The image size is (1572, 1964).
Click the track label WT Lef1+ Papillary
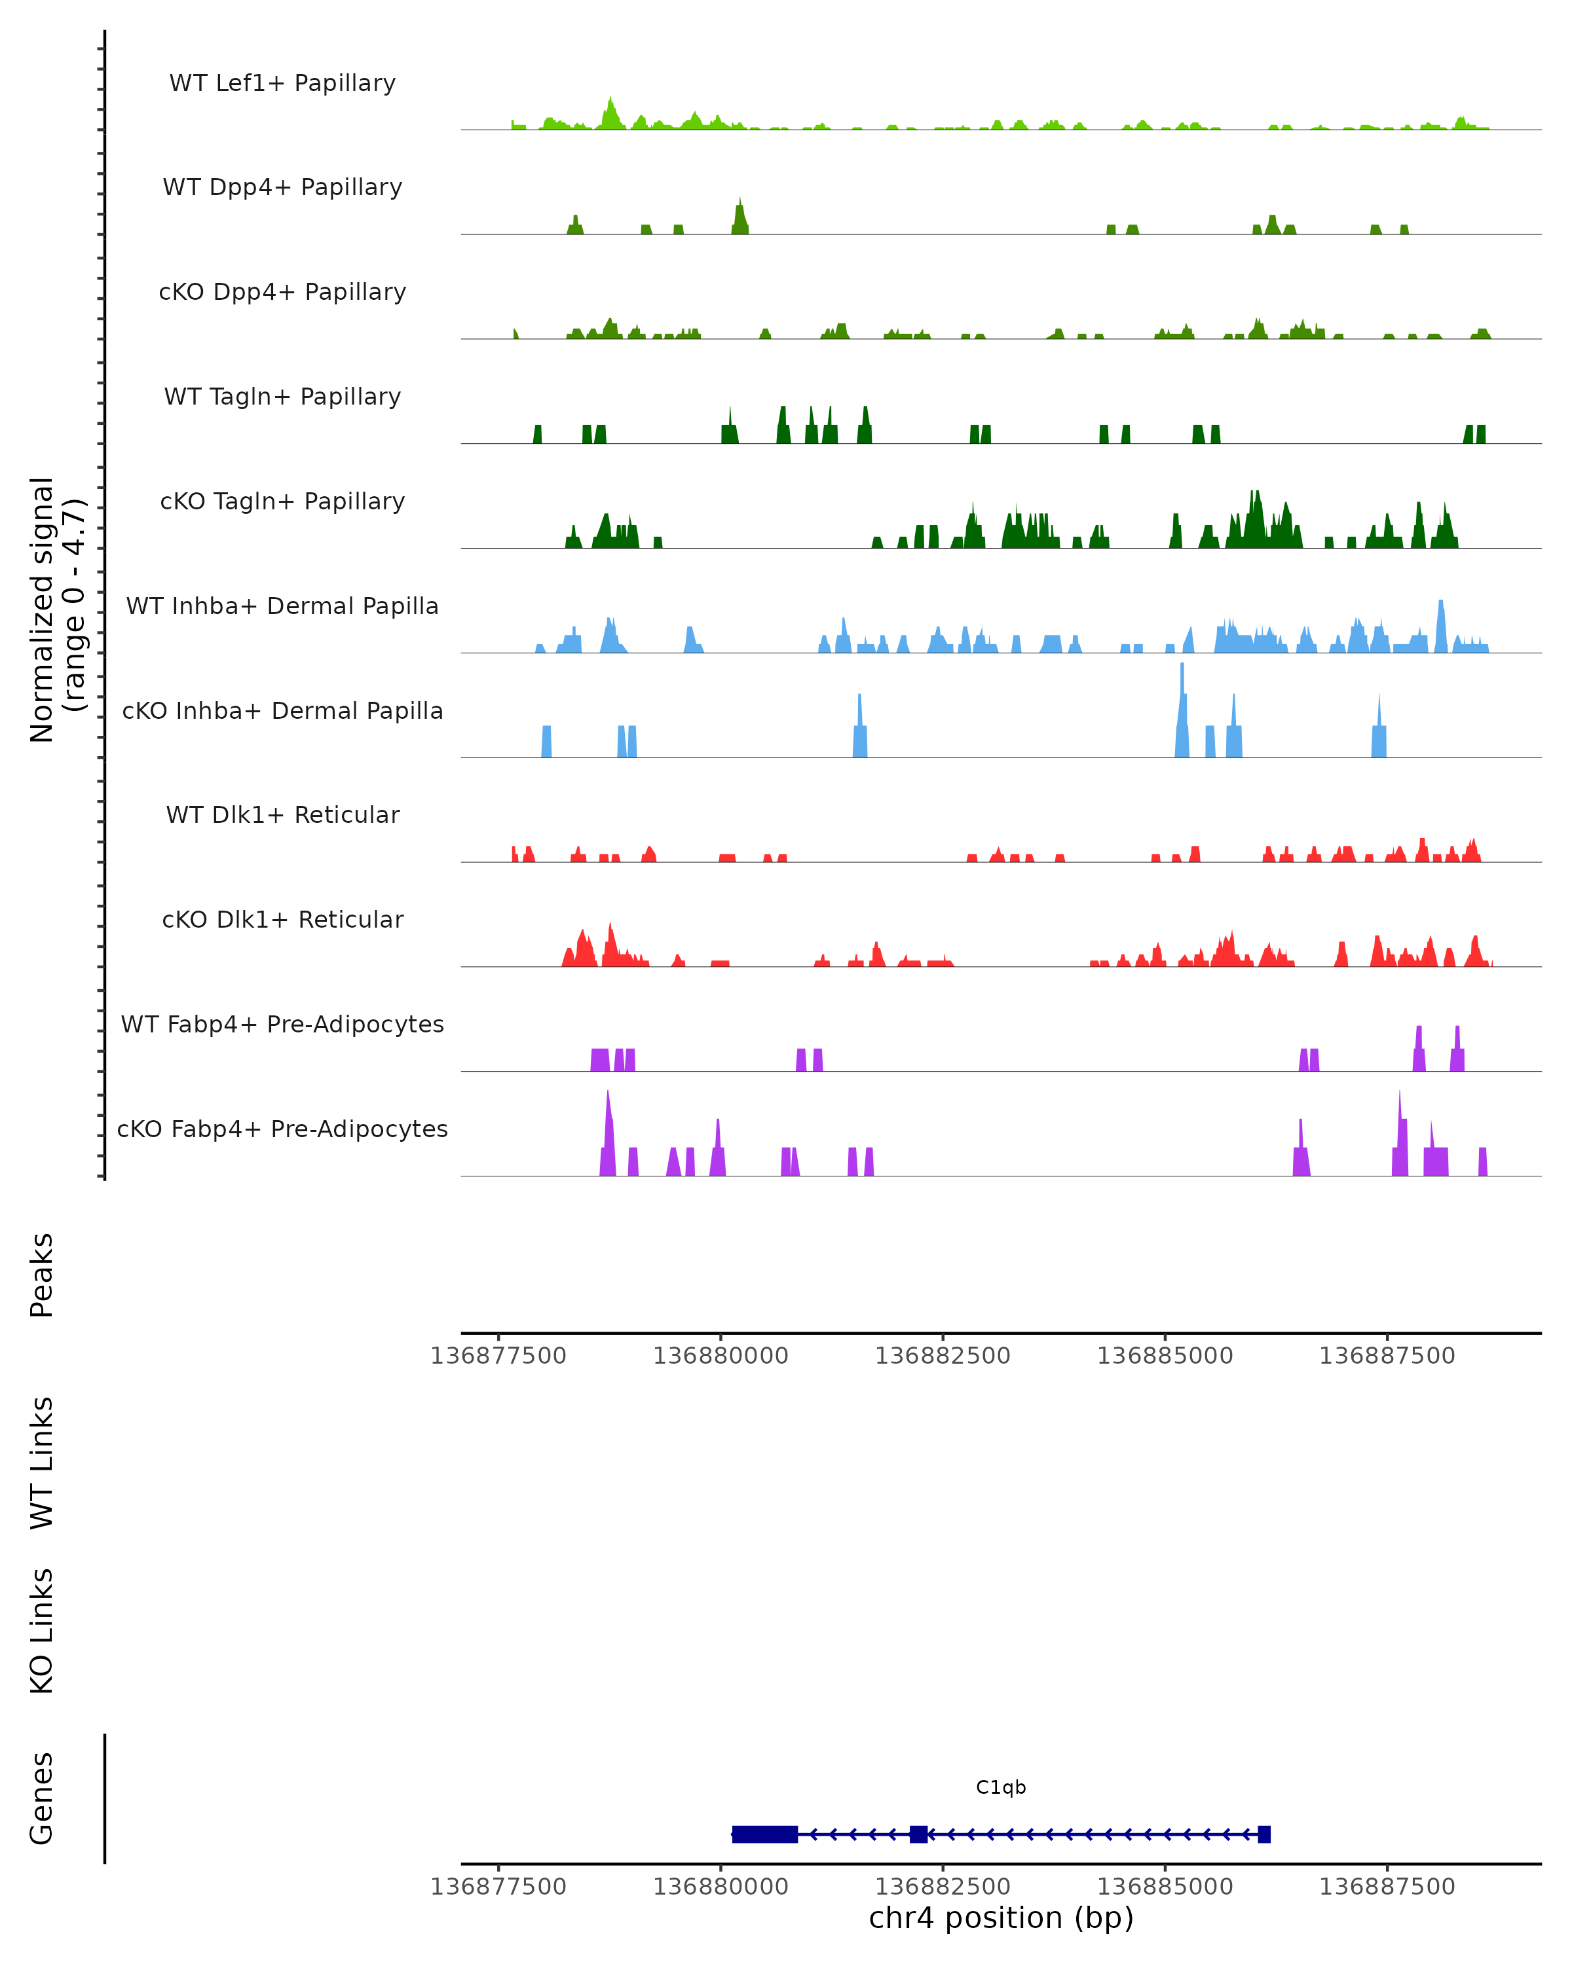[282, 83]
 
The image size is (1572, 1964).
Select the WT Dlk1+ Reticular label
[282, 814]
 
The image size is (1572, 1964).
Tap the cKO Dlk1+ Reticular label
[282, 919]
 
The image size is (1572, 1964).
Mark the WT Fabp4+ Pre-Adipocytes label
[282, 1024]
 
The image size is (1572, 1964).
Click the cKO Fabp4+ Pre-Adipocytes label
[282, 1129]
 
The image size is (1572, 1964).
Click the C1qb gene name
[1001, 1787]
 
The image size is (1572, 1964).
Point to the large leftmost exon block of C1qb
[764, 1834]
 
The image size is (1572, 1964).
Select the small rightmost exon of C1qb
[1264, 1834]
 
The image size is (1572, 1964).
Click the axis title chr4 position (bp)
[1001, 1918]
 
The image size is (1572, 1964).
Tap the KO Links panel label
[42, 1631]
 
